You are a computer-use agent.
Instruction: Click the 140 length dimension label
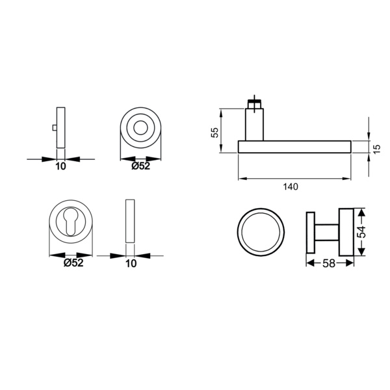click(x=291, y=187)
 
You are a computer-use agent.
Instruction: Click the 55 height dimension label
click(x=214, y=133)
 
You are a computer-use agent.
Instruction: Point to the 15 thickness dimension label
click(x=377, y=149)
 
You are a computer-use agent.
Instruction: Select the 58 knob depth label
click(x=329, y=263)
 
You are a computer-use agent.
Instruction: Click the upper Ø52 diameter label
click(x=141, y=166)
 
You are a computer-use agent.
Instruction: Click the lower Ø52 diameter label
click(x=73, y=263)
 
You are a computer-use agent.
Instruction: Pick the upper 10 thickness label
click(x=60, y=166)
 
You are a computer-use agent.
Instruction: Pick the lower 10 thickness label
click(x=131, y=263)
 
